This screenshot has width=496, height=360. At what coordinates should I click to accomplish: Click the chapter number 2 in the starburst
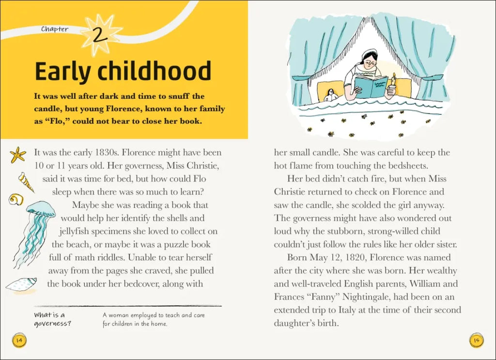click(100, 35)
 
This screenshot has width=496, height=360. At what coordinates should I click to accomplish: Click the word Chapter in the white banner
click(55, 29)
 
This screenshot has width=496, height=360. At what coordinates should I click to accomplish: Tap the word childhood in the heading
click(154, 72)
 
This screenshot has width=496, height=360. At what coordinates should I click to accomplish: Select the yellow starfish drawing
click(18, 155)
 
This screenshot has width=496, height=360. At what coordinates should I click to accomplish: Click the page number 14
click(19, 340)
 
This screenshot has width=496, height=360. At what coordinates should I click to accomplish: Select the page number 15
click(476, 340)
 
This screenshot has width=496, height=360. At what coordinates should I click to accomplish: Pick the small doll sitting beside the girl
click(331, 95)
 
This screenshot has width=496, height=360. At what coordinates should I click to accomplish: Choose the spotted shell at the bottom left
click(22, 284)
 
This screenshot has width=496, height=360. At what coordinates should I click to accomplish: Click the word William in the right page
click(423, 283)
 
